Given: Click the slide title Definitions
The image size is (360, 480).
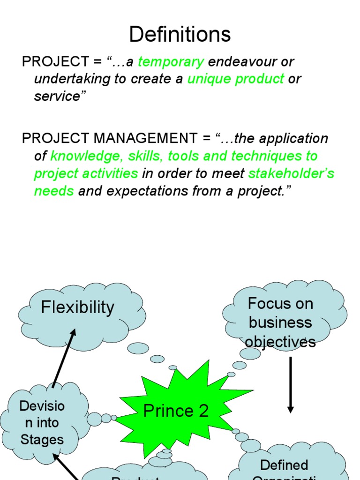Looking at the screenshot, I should [180, 35].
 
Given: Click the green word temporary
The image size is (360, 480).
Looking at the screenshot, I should [171, 61].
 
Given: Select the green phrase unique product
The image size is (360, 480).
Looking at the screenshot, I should [236, 79].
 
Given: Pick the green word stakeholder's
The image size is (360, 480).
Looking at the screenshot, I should [291, 173].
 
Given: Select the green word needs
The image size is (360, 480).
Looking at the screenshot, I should [54, 191].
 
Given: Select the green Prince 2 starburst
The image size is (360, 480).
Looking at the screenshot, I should [176, 411].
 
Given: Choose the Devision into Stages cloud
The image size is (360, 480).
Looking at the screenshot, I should [42, 422].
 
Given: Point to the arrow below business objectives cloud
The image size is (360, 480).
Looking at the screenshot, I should [291, 384].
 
